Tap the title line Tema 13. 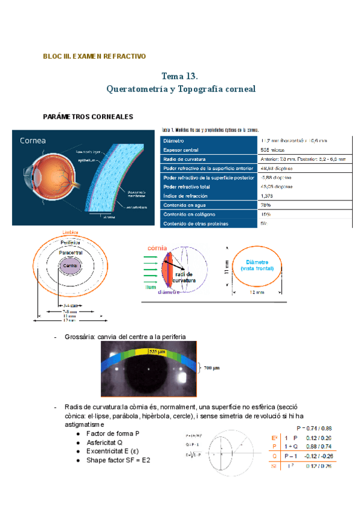[x=180, y=76]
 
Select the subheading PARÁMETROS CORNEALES [x=88, y=116]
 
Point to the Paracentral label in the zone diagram [x=71, y=254]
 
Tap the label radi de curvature [x=180, y=277]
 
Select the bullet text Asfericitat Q [x=104, y=442]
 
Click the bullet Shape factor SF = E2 [x=118, y=460]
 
